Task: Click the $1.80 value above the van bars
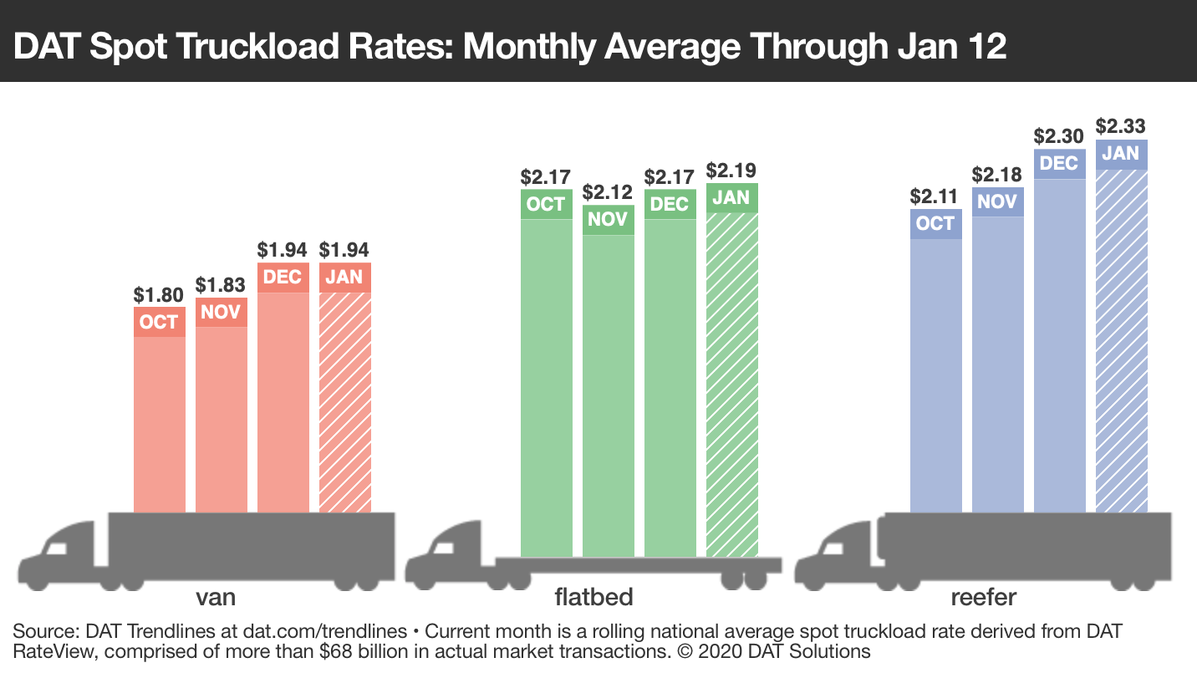pos(159,295)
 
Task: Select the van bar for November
pos(222,418)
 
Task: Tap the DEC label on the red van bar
pos(283,278)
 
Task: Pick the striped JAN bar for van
pos(344,401)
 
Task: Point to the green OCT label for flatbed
pos(546,204)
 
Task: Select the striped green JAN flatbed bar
pos(732,385)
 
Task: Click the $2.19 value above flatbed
pos(732,171)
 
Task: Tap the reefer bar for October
pos(935,376)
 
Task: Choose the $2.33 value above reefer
pos(1121,126)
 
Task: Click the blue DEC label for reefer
pos(1059,163)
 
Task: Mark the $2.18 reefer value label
pos(997,175)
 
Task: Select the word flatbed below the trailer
pos(593,597)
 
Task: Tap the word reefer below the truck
pos(983,597)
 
